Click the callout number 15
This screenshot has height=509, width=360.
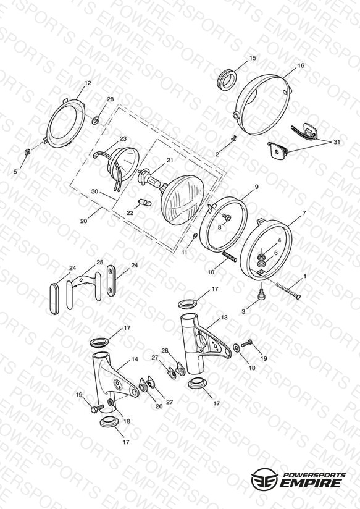(x=253, y=58)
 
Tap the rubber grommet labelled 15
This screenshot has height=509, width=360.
(x=227, y=80)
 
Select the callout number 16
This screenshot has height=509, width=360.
(x=301, y=65)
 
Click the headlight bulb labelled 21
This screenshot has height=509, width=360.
(x=149, y=179)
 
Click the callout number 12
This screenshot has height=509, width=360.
(x=88, y=83)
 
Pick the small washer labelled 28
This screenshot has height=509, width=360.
(x=96, y=121)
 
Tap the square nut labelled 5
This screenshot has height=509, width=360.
(x=28, y=151)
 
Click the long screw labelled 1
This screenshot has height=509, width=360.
(x=288, y=290)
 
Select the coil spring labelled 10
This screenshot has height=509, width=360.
(x=230, y=257)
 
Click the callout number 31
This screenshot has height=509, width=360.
(x=337, y=142)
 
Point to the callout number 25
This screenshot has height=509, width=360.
(x=99, y=263)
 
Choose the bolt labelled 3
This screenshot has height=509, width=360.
(x=261, y=295)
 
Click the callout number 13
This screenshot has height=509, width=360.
(x=224, y=318)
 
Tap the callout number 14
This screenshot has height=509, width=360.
(x=135, y=360)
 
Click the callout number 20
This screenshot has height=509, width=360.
(x=84, y=221)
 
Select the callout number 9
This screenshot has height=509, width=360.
(x=257, y=187)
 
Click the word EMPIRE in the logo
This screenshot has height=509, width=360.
(x=311, y=483)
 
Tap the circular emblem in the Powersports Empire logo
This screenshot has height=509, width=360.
(x=264, y=479)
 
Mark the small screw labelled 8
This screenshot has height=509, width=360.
(x=227, y=217)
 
